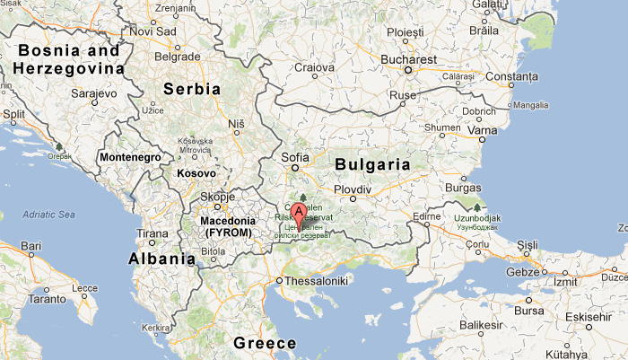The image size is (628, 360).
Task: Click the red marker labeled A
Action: click(x=299, y=215)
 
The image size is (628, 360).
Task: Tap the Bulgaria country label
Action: click(x=372, y=165)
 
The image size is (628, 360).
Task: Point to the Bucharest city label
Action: click(x=407, y=59)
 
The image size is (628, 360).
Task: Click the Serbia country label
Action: click(x=191, y=89)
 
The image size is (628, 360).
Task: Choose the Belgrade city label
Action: click(x=177, y=56)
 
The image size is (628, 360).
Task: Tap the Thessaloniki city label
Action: click(x=318, y=281)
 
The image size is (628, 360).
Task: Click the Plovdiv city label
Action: click(x=353, y=189)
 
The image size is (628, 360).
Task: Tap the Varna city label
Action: click(x=483, y=130)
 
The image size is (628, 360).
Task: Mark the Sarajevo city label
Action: click(x=95, y=92)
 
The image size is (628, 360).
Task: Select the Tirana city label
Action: click(x=152, y=233)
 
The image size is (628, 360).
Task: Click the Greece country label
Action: click(x=265, y=343)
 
